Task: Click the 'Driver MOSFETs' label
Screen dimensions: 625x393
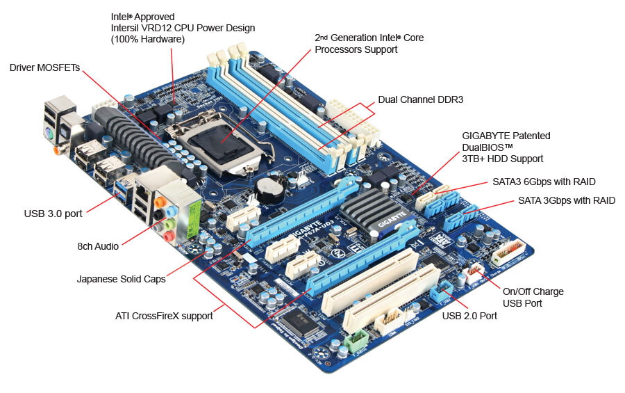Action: click(x=44, y=67)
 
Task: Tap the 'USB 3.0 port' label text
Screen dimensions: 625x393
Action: click(x=53, y=214)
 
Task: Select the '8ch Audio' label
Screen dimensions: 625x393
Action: click(x=98, y=246)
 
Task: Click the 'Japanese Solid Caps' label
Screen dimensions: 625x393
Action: click(x=121, y=279)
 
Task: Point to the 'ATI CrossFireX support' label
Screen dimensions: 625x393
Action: click(x=164, y=316)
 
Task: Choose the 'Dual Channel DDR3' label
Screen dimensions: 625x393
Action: click(x=421, y=99)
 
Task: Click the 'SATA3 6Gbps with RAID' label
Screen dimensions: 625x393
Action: click(x=544, y=182)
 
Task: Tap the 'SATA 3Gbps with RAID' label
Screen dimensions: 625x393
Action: click(x=567, y=200)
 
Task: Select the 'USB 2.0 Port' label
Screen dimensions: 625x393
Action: click(x=469, y=316)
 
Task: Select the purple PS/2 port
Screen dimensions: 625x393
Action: click(x=49, y=133)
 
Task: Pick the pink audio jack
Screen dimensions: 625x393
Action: click(x=169, y=236)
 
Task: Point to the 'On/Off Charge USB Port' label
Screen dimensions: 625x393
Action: click(x=533, y=297)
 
